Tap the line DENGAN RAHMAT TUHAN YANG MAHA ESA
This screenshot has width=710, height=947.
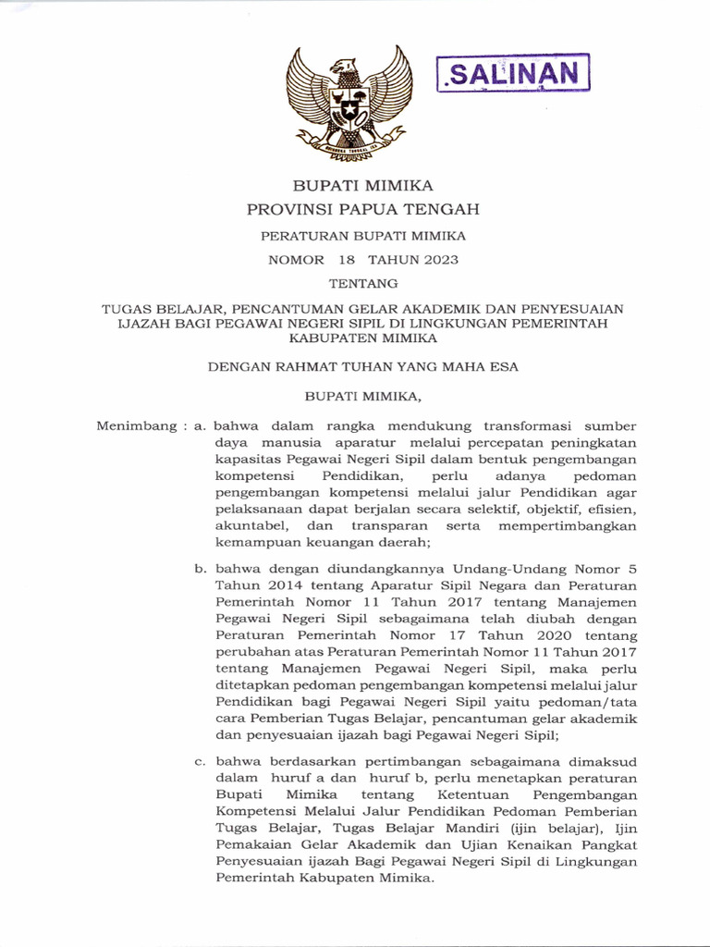point(362,366)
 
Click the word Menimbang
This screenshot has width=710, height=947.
point(137,426)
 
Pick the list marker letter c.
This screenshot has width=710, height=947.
point(199,761)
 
